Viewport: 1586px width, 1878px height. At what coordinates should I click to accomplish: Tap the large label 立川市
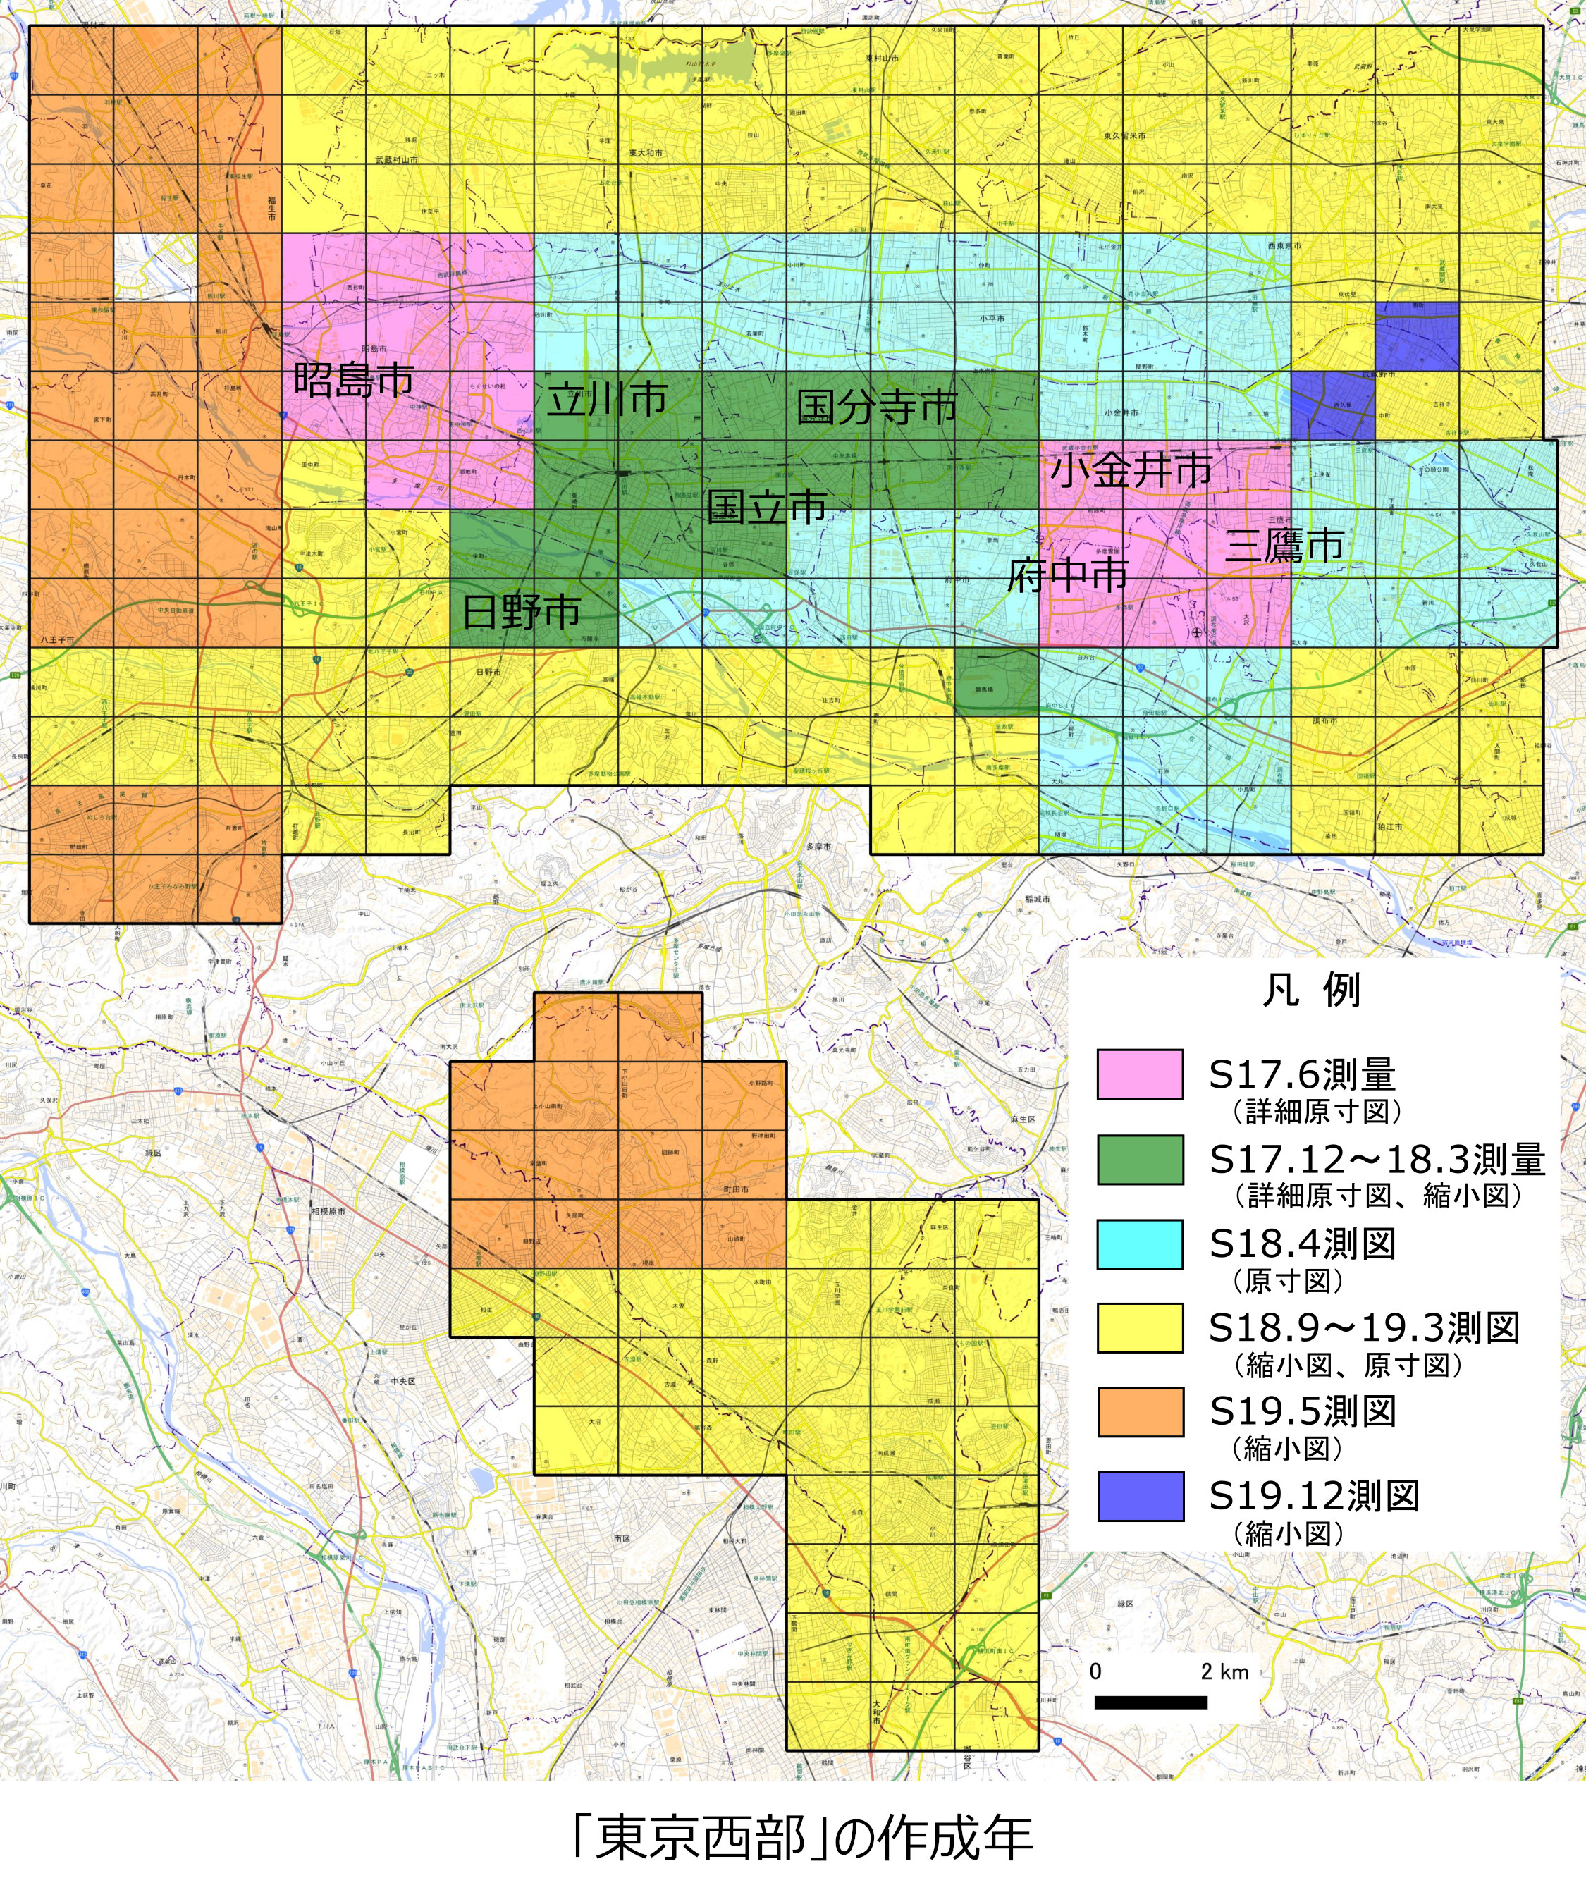click(x=607, y=399)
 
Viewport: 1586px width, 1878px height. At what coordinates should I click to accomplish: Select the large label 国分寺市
click(x=878, y=407)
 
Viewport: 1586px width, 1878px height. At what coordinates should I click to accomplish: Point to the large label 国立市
click(x=766, y=507)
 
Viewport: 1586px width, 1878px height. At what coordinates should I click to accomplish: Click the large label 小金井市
click(x=1131, y=469)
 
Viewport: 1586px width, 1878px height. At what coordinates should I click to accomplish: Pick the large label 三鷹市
click(x=1284, y=545)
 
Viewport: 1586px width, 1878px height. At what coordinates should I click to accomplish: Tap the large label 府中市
click(x=1067, y=575)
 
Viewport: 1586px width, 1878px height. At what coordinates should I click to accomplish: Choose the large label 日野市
click(x=521, y=612)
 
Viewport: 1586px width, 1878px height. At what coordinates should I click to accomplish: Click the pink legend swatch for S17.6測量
click(x=1139, y=1074)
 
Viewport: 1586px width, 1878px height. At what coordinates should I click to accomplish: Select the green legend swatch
click(x=1139, y=1160)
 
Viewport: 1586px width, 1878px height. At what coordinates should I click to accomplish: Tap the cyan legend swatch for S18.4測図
click(x=1139, y=1244)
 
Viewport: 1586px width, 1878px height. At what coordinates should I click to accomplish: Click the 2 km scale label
click(x=1224, y=1671)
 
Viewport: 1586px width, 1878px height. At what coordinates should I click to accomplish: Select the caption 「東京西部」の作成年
click(x=802, y=1836)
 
